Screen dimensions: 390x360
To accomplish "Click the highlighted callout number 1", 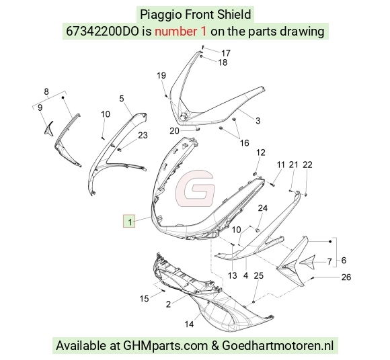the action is point(129,221).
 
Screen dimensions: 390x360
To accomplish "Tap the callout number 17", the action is point(226,53).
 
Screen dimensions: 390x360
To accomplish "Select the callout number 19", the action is point(161,75).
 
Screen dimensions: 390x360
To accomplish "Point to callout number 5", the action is point(122,99).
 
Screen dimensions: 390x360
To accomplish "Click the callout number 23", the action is point(143,136).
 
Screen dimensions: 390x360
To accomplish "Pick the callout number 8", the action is point(46,91).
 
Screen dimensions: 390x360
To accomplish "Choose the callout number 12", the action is point(261,152).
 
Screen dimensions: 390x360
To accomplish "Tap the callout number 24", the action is point(263,208).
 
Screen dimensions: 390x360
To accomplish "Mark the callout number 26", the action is point(346,277).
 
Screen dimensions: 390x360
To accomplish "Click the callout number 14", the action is point(189,324).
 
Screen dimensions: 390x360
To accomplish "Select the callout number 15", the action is point(145,298).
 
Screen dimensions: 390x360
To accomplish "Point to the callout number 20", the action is point(174,131).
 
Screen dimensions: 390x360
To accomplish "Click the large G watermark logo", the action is point(195,189).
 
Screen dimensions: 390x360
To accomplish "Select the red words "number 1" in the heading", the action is point(181,32).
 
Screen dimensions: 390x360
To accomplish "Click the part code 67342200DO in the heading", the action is point(102,32).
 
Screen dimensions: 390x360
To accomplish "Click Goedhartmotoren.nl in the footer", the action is point(278,345).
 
